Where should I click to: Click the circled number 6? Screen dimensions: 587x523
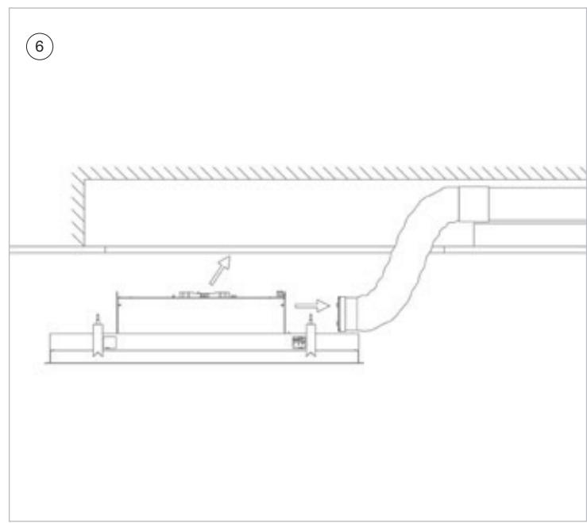[x=40, y=46]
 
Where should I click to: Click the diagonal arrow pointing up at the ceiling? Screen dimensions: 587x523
[x=220, y=270]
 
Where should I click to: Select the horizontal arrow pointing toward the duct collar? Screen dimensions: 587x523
[x=312, y=306]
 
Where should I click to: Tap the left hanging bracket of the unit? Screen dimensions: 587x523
[x=98, y=340]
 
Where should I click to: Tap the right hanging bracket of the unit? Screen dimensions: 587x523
[x=311, y=340]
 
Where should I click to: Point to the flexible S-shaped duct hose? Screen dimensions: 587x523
[x=408, y=258]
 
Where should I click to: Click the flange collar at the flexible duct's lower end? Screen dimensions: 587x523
[x=346, y=313]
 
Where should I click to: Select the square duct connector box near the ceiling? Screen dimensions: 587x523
[x=474, y=204]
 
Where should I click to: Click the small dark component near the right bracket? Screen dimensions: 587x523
[x=299, y=342]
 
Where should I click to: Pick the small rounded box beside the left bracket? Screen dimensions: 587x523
[x=110, y=342]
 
